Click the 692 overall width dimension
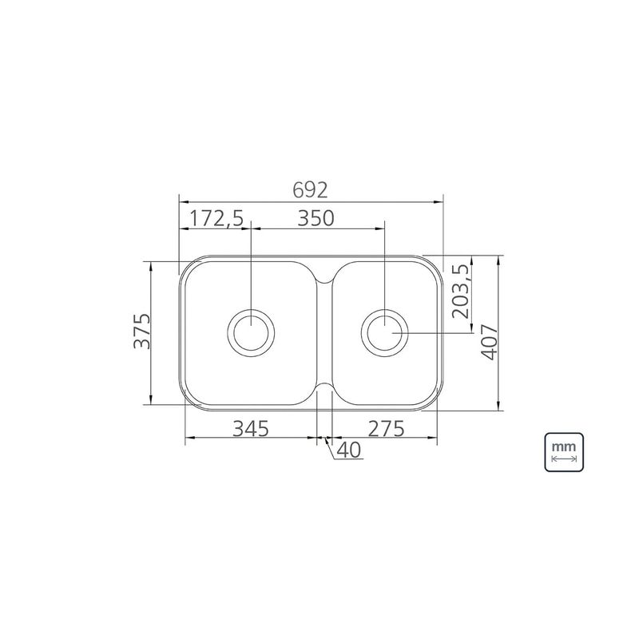[x=310, y=190]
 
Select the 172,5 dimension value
[x=216, y=218]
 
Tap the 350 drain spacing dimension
[x=316, y=218]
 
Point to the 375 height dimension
[x=142, y=331]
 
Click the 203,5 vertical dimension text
[x=461, y=291]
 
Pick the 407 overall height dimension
[x=489, y=342]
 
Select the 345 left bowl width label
[x=251, y=428]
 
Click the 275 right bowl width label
[x=386, y=428]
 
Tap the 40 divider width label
[x=349, y=450]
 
